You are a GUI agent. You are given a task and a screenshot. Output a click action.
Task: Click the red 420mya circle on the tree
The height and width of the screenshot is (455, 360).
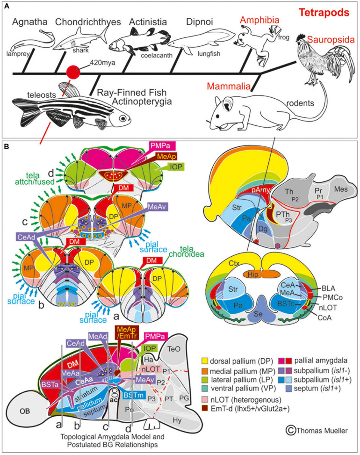(72, 72)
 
